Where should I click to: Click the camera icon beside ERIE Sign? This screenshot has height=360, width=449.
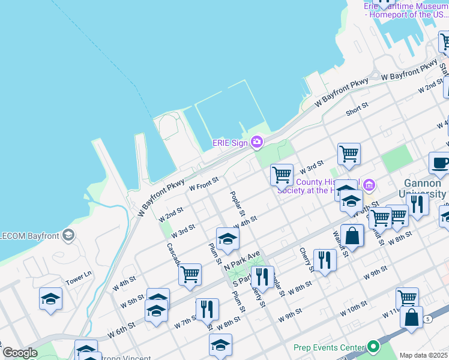pos(257,142)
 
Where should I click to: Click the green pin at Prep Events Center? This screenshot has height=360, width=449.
pos(373,347)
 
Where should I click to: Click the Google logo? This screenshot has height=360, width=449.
pos(20,353)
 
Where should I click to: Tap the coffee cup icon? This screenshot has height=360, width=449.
pos(439,163)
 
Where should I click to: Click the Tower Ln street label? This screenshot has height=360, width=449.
pos(79,278)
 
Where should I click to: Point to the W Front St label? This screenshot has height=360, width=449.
pos(203,183)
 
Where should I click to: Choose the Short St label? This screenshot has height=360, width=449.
pos(357,109)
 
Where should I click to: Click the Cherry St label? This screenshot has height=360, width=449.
pos(306,259)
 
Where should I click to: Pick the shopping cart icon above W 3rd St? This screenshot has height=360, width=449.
pos(349,154)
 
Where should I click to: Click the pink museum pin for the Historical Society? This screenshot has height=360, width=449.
pos(370,185)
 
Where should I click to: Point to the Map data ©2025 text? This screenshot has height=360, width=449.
pos(423,355)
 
